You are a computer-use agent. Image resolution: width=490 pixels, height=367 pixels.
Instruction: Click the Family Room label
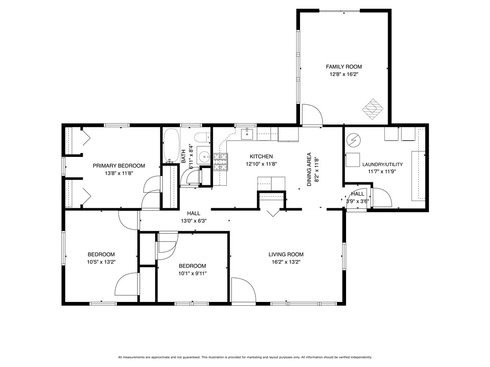coord(344,67)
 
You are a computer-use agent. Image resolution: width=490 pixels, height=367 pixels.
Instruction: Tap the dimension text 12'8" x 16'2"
coord(344,74)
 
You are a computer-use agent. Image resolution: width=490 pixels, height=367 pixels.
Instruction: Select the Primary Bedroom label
coord(119,166)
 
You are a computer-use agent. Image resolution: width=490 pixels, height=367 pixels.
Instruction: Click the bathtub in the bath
coord(171,145)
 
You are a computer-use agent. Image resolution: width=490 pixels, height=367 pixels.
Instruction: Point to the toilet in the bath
coord(202,137)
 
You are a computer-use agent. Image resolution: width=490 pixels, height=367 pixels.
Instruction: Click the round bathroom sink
coord(205,156)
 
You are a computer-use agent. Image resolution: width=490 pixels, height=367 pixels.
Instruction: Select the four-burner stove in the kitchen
coord(221,162)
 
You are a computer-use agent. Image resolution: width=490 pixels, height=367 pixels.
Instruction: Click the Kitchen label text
coord(261,156)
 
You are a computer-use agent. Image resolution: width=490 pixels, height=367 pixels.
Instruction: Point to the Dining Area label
coord(309,169)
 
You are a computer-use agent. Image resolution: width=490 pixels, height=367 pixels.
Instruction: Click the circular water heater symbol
coord(354,140)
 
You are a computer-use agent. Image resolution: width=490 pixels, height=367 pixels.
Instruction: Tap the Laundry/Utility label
coord(382,165)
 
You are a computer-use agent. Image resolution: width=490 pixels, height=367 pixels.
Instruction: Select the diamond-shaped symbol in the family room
coord(373,109)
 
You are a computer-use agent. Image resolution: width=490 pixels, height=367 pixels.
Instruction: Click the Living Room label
coord(286,255)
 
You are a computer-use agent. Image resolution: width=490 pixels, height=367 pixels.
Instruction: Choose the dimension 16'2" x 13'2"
coord(286,262)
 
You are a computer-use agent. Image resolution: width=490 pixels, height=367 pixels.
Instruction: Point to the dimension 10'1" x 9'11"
coord(192,274)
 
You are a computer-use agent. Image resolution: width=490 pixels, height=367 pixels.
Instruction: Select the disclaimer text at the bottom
coord(245,357)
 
